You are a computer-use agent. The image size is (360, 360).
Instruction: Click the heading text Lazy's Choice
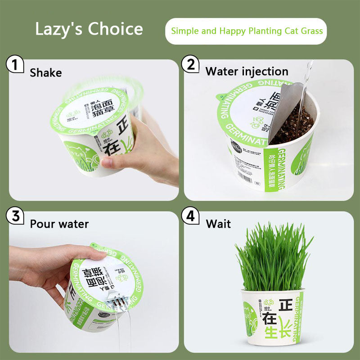coord(89,29)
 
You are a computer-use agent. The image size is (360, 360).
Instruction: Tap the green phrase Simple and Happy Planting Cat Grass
coord(247,31)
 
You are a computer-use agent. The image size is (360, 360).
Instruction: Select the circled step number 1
coord(15,65)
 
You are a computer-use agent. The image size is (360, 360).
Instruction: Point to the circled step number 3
coord(15,216)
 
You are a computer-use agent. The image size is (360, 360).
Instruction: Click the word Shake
coord(45,72)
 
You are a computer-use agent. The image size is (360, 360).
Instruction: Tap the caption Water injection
coord(247,71)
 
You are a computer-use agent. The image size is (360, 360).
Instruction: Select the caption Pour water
coord(59,224)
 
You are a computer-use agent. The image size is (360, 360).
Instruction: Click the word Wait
coord(218,224)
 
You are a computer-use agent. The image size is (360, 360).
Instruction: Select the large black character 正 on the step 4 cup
coord(287,305)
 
